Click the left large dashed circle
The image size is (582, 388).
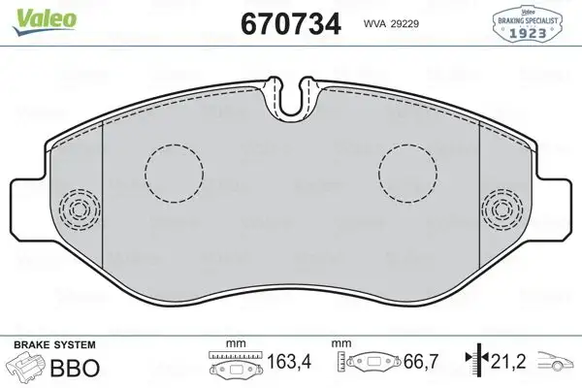pyautogui.click(x=173, y=176)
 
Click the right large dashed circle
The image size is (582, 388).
pyautogui.click(x=408, y=176)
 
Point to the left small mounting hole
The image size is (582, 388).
pyautogui.click(x=77, y=207)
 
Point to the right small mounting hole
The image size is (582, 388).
pyautogui.click(x=504, y=207)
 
